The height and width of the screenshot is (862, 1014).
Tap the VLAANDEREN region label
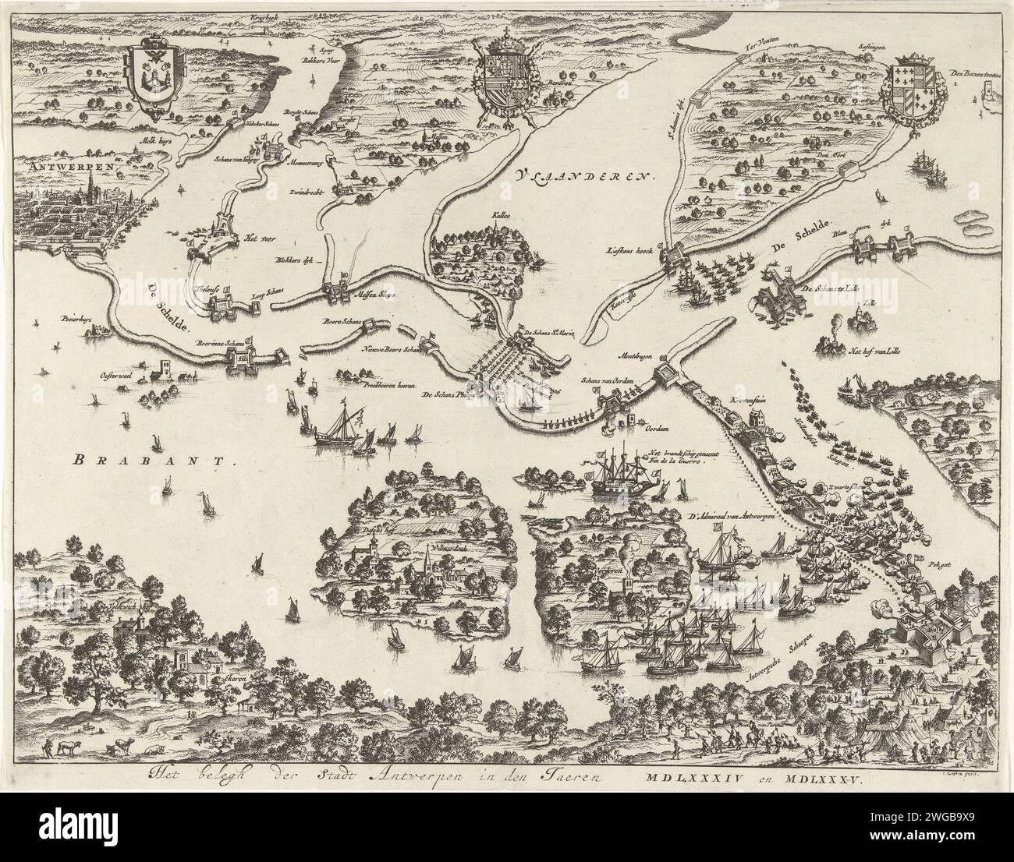click(x=581, y=175)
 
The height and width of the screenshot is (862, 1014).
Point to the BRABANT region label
click(x=153, y=460)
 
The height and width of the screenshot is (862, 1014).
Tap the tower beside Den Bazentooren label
click(x=990, y=94)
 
